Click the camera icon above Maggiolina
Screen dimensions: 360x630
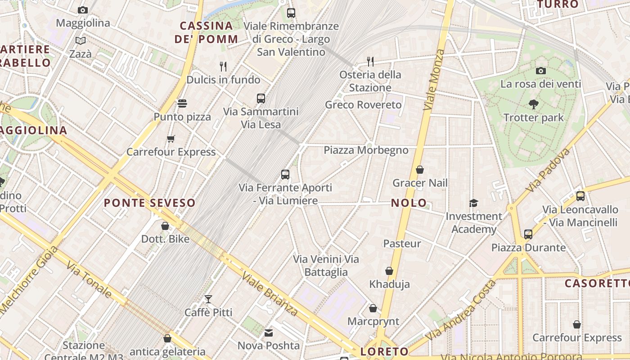83,10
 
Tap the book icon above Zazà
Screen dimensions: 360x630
81,41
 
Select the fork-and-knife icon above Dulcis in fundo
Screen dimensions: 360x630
223,67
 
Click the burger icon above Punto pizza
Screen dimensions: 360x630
182,103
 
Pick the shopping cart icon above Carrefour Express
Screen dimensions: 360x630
171,139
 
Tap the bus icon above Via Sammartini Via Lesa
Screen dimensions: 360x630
261,99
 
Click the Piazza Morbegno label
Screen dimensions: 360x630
366,150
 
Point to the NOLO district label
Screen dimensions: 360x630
409,203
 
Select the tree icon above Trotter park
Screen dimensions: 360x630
534,104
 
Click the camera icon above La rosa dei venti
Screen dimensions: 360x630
541,71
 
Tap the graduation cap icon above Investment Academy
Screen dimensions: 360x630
473,203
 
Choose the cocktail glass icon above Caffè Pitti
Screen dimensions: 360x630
208,299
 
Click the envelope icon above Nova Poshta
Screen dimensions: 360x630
269,333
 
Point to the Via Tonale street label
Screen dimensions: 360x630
89,281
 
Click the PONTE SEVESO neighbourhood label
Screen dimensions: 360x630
150,203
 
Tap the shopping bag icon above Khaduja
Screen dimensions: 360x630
389,271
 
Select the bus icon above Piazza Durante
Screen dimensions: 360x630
528,234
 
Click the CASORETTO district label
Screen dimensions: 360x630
597,283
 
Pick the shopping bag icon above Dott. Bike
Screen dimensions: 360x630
165,226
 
